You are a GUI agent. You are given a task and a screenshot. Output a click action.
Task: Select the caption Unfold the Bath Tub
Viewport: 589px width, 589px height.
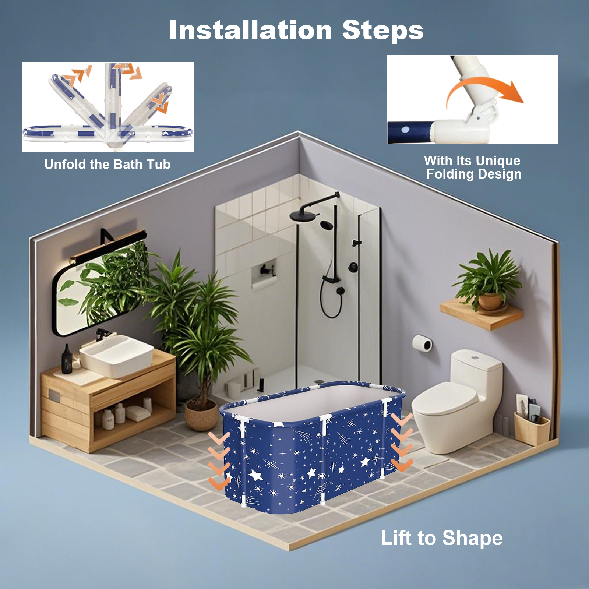click(107, 165)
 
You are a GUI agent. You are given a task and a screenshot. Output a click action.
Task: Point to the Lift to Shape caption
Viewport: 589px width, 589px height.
click(441, 538)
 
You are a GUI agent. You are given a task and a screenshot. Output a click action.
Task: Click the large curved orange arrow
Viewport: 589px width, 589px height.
click(482, 87)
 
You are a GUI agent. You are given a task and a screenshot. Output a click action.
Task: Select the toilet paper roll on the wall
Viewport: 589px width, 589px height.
click(422, 343)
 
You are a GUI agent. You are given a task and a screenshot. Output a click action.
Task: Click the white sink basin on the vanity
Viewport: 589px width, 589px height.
click(116, 355)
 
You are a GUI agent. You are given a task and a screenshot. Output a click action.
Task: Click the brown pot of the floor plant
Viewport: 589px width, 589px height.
click(201, 415)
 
